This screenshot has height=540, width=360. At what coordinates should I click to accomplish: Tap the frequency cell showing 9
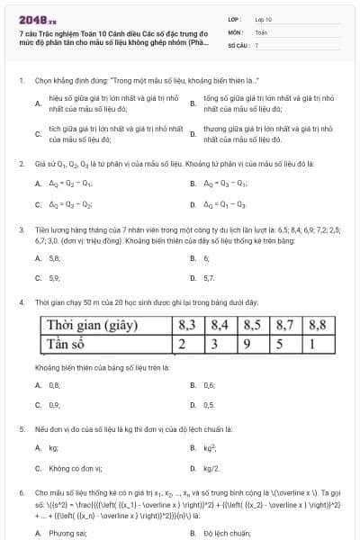[x=252, y=343]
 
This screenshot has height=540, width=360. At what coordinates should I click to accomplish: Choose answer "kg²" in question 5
[x=210, y=446]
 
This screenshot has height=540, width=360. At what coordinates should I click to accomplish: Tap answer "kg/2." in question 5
[x=211, y=468]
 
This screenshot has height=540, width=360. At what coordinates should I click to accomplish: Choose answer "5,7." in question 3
[x=209, y=278]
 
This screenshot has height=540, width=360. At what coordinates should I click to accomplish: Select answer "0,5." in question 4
[x=209, y=405]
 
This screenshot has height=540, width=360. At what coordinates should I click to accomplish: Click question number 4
[x=22, y=302]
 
